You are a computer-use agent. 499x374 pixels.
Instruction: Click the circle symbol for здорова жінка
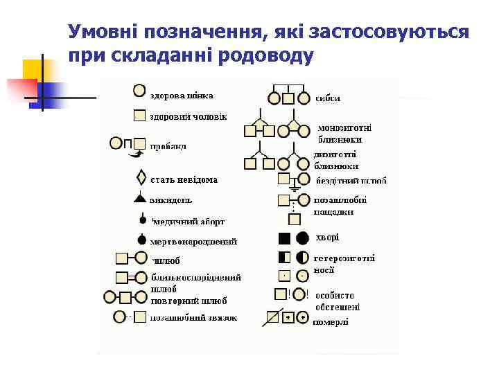(x=139, y=91)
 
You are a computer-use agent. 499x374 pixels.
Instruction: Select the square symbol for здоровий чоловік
(x=139, y=116)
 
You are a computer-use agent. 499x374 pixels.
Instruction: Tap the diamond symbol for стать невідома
(x=141, y=178)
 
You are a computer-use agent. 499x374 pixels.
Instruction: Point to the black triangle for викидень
(x=140, y=198)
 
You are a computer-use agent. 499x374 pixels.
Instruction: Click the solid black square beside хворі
(x=284, y=238)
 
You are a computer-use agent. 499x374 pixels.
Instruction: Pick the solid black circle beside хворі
(x=303, y=238)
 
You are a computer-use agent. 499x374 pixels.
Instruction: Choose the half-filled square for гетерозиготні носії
(x=284, y=258)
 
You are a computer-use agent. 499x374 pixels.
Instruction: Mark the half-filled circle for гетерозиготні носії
(x=303, y=258)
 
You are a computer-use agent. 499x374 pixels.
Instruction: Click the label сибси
(x=328, y=98)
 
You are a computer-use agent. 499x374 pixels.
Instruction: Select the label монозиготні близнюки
(x=344, y=133)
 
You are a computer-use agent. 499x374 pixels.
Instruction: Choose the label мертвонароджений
(x=193, y=242)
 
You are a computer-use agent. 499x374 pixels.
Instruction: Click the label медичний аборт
(x=189, y=222)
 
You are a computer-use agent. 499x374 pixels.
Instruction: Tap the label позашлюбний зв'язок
(x=193, y=318)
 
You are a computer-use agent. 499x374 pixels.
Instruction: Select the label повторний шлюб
(x=189, y=301)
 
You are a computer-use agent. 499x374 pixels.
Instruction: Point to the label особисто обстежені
(x=338, y=301)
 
